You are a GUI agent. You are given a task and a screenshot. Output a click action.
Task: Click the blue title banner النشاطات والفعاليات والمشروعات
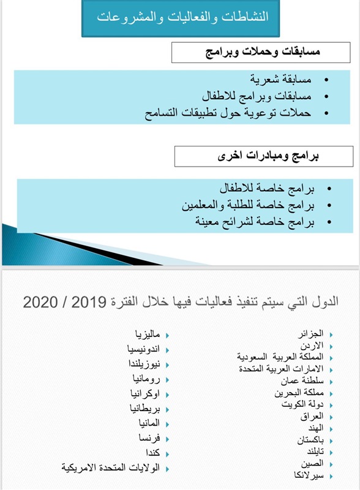pos(181,18)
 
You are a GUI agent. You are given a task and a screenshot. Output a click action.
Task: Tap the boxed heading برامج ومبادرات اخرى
pos(263,156)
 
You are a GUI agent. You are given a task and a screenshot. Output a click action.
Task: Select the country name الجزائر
pos(310,334)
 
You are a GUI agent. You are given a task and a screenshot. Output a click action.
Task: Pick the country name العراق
pos(312,417)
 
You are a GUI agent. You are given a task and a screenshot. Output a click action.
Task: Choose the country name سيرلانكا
pos(306,476)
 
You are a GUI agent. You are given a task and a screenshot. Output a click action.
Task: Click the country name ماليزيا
pos(148,334)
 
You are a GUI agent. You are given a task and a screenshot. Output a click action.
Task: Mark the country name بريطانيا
pos(144,408)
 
